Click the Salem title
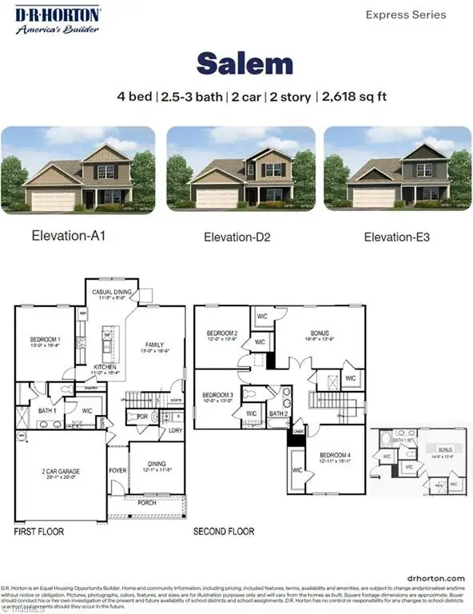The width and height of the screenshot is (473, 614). [236, 63]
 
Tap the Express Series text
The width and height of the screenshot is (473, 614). [405, 14]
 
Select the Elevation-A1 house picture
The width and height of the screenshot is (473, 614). [79, 170]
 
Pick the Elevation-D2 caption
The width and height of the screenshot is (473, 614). [236, 237]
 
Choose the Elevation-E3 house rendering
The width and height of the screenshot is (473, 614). [393, 170]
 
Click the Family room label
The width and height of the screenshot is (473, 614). [153, 345]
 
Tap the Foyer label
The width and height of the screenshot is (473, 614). [117, 471]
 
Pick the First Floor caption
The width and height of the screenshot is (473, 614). [38, 531]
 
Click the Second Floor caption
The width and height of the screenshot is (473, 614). [224, 531]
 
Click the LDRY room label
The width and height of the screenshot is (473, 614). [174, 430]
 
